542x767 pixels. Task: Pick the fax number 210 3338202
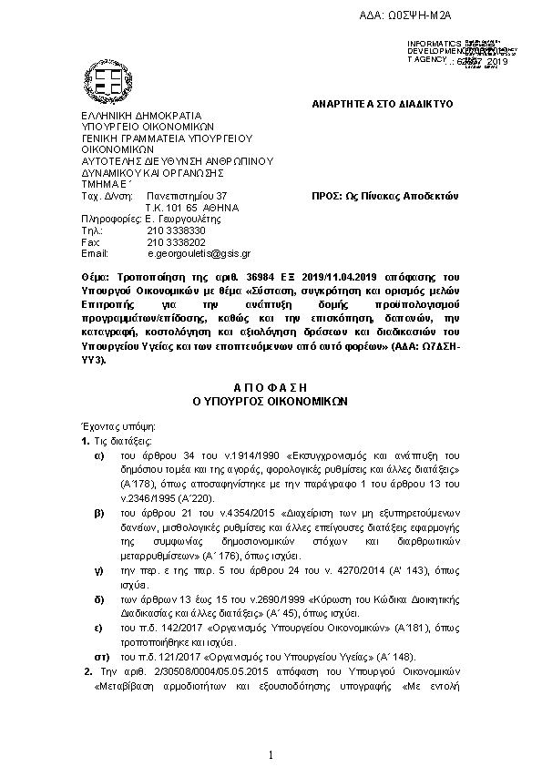pos(169,242)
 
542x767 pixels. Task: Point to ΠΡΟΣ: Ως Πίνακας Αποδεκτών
pos(383,196)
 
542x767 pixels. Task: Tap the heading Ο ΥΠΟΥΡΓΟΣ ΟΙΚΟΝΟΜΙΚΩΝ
pos(271,401)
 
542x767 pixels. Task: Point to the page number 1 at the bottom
pos(271,754)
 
